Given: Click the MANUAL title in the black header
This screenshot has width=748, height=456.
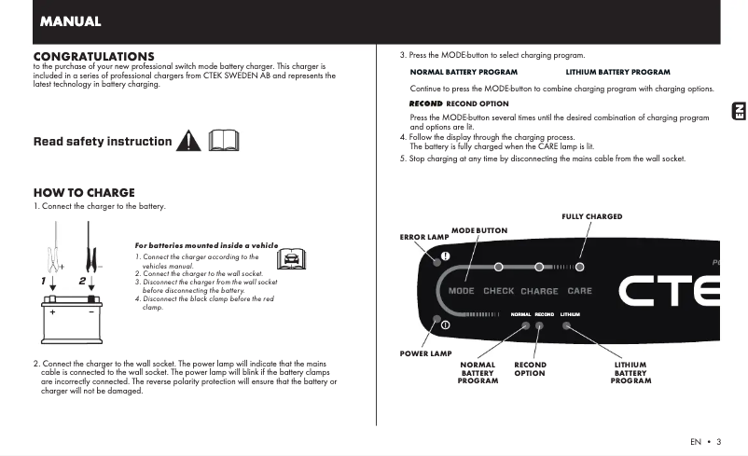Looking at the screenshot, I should click(70, 21).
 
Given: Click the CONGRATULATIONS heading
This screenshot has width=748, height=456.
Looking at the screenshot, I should click(93, 57).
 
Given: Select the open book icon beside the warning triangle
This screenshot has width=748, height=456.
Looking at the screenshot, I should click(225, 141).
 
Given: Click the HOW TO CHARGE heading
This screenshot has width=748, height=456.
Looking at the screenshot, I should click(84, 193).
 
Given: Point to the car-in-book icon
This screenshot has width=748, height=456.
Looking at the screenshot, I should click(291, 257).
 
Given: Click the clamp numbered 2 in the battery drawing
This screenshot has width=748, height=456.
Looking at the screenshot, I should click(92, 252).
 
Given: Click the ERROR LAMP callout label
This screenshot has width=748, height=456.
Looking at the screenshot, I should click(424, 238).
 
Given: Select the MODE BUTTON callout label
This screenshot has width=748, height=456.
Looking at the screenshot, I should click(479, 230).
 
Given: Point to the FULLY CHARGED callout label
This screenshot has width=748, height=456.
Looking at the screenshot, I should click(591, 216).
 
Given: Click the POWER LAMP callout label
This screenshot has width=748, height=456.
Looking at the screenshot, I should click(425, 353).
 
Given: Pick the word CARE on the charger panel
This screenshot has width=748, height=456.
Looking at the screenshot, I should click(579, 291).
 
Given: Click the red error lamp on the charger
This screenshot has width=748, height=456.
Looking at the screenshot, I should click(446, 257).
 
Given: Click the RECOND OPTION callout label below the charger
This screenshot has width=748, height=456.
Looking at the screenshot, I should click(530, 369).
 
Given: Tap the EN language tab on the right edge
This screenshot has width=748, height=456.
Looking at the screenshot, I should click(736, 112).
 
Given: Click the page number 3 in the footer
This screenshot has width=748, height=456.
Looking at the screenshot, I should click(718, 441).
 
